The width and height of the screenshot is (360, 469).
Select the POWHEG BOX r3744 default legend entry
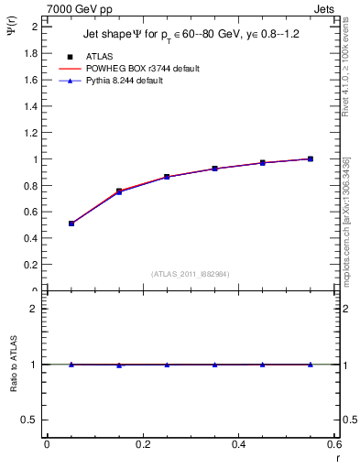coord(142,69)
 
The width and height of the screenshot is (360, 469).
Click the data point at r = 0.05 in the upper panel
coord(71,224)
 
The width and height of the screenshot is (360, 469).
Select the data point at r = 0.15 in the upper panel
coord(119,191)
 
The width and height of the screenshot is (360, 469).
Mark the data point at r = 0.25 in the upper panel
coord(167,177)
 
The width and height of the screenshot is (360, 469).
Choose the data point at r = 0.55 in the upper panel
coord(311,158)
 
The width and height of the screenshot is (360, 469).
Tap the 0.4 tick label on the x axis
coord(238,444)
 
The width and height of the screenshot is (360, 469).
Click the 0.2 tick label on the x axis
coord(143,444)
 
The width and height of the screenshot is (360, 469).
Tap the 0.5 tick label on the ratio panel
coord(30,420)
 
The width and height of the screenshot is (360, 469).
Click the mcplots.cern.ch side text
coord(345,220)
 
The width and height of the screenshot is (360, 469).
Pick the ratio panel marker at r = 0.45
coord(263,365)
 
